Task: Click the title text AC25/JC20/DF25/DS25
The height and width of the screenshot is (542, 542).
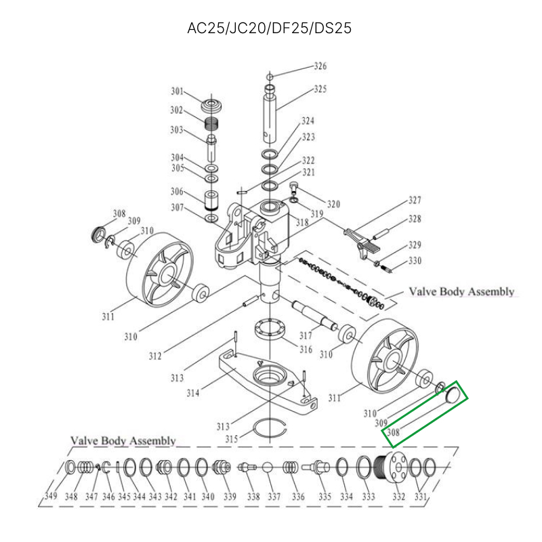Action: pyautogui.click(x=270, y=28)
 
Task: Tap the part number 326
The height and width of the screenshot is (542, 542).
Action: pyautogui.click(x=320, y=66)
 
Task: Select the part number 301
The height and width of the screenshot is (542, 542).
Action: pyautogui.click(x=177, y=91)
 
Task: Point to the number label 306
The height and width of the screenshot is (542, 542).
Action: pyautogui.click(x=177, y=191)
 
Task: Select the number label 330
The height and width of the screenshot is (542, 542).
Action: pyautogui.click(x=415, y=261)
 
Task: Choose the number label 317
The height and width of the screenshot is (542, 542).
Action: pyautogui.click(x=305, y=335)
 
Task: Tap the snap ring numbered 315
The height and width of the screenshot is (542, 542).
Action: pyautogui.click(x=268, y=428)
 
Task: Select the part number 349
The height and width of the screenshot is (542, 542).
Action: pyautogui.click(x=50, y=497)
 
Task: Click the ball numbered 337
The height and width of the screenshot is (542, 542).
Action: pyautogui.click(x=268, y=467)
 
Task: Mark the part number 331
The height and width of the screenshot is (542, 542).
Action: pyautogui.click(x=421, y=497)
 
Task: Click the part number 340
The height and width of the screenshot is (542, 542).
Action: pyautogui.click(x=208, y=497)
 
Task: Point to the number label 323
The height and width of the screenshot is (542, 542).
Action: pyautogui.click(x=308, y=138)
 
